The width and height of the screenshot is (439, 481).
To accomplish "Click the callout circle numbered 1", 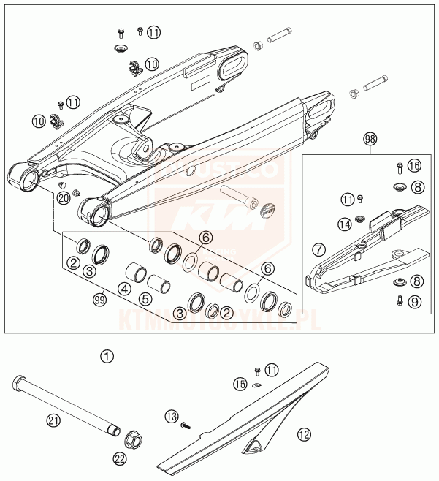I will pyautogui.click(x=107, y=357).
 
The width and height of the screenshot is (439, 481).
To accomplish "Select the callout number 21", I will pyautogui.click(x=53, y=420).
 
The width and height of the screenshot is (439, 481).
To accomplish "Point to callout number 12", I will pyautogui.click(x=303, y=435).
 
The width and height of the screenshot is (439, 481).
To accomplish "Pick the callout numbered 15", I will pyautogui.click(x=240, y=383).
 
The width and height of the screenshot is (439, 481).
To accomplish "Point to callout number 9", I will pyautogui.click(x=415, y=300).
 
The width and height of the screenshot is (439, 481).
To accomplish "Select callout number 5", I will pyautogui.click(x=145, y=299).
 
